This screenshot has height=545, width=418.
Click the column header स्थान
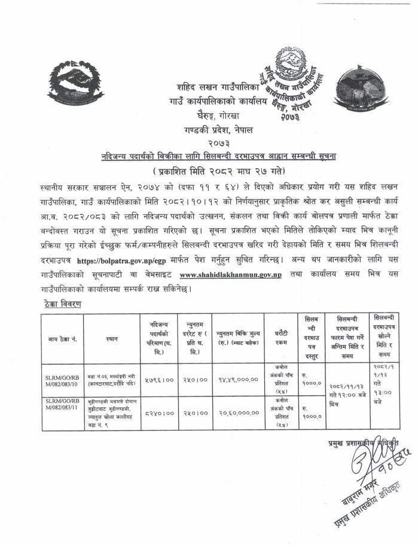coord(111,338)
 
